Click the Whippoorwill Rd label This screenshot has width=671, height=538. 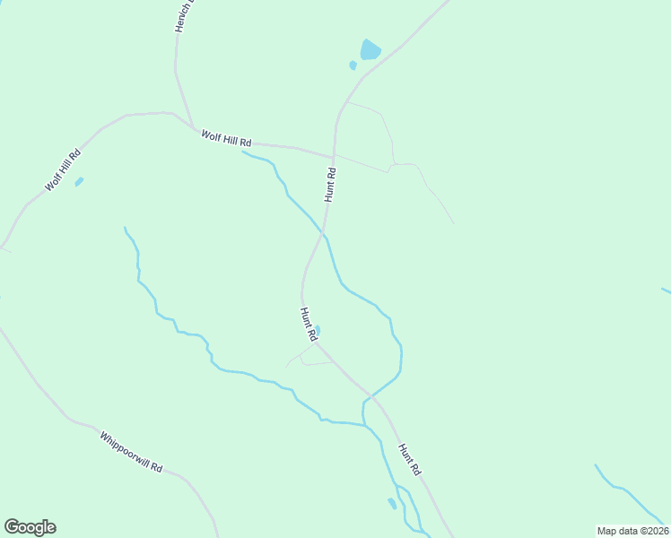[131, 453]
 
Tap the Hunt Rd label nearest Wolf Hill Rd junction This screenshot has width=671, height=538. [330, 185]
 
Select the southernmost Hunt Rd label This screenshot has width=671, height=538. [409, 459]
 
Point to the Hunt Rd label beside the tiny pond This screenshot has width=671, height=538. [309, 324]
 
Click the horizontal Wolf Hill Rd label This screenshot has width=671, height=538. [226, 138]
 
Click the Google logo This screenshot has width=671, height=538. [30, 527]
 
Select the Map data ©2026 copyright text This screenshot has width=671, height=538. [632, 531]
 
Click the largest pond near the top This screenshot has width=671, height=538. [370, 49]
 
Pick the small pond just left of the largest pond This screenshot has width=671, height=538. [353, 65]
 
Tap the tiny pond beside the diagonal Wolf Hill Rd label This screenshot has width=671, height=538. [79, 182]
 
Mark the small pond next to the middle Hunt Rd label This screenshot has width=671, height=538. [318, 330]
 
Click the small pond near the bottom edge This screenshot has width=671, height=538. [392, 503]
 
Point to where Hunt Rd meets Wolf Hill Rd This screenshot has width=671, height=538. [334, 157]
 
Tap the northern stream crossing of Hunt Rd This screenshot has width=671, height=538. [323, 234]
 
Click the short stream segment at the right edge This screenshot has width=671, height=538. [666, 291]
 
